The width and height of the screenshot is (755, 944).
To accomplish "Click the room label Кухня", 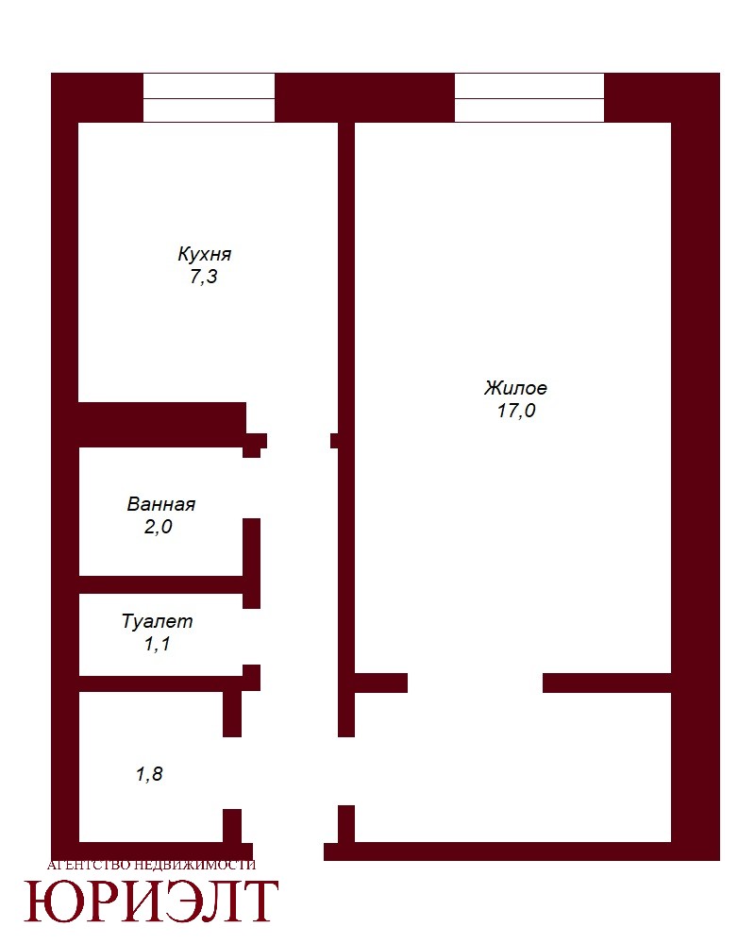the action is pos(204,254).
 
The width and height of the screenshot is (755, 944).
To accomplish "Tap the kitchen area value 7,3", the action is pos(204,277).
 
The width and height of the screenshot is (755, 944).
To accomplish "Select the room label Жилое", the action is pos(515,388).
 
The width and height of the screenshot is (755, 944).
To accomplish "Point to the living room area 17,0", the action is pos(516,411).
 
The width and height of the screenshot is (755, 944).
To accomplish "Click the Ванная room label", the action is pos(161,504).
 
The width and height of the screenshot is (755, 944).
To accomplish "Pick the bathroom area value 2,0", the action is pos(159,527).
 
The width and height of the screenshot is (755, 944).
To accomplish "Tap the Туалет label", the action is pos(158,621).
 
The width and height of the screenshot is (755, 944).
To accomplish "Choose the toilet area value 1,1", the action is pos(158,644).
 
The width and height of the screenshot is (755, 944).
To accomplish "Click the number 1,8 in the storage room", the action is pos(149,774).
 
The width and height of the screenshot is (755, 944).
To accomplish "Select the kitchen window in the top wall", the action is pos(209,98).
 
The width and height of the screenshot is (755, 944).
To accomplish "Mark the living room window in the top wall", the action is pos(529,98).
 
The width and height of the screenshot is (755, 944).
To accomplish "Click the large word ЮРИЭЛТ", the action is pos(151,901).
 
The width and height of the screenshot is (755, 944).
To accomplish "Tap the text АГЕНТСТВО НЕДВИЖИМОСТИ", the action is pos(151,865).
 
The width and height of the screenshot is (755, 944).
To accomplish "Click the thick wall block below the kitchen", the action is pos(162,425).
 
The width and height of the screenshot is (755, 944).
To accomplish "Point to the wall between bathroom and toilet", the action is pos(161,584).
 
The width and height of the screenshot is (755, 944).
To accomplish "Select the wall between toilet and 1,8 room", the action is pos(161,683).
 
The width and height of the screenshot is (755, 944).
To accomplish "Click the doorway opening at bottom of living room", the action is pos(475,683).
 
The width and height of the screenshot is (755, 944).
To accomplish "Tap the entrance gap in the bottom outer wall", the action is pos(289,851).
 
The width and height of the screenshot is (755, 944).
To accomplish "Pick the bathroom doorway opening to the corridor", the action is pos(252,488).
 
